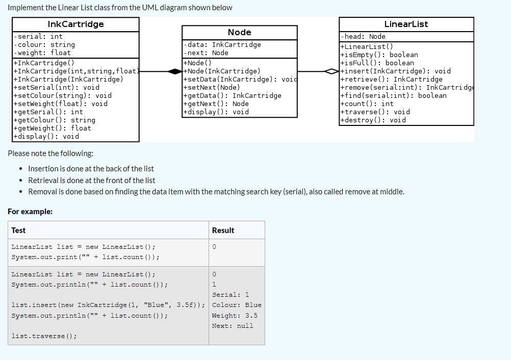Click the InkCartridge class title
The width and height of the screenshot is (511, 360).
[x=75, y=24]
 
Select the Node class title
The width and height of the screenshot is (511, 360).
[x=239, y=32]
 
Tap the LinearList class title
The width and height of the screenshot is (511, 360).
[x=406, y=24]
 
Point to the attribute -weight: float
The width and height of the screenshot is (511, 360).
[x=43, y=53]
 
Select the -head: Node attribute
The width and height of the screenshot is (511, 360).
[x=364, y=36]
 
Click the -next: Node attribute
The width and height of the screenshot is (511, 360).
[x=207, y=53]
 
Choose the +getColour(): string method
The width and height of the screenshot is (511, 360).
[x=55, y=120]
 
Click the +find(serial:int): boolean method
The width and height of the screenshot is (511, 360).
[x=393, y=95]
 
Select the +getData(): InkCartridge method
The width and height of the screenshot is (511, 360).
[x=233, y=95]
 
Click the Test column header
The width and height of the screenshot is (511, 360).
[x=18, y=230]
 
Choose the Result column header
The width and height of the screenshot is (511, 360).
[x=223, y=230]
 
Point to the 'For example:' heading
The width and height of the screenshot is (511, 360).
[x=30, y=211]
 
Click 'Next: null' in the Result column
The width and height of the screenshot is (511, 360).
[x=233, y=326]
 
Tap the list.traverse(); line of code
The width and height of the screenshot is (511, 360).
[x=44, y=336]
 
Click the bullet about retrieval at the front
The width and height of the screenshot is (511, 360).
[x=92, y=181]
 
